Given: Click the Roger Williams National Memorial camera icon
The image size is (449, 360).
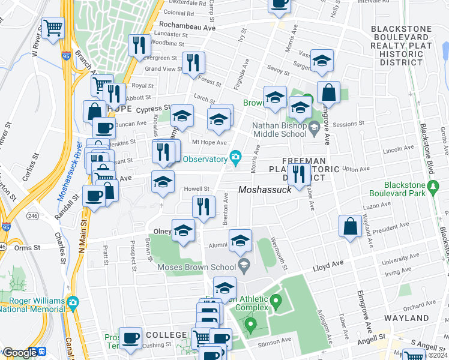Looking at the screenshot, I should pos(73,301).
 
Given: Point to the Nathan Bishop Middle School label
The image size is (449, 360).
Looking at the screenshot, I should pos(280,130).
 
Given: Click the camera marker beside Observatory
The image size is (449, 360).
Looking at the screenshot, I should pos(236,158).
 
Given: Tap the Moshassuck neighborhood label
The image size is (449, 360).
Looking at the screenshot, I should pos(265,190).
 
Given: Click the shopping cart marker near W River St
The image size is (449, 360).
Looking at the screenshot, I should pos(53,27).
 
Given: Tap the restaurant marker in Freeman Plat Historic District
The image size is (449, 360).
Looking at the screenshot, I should pos(298,174).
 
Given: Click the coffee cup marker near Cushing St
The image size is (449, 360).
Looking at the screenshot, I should pos(130,338).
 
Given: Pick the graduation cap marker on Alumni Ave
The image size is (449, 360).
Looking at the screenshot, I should pos(240,241).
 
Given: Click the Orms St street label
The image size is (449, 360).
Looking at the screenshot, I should pos(28,247).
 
